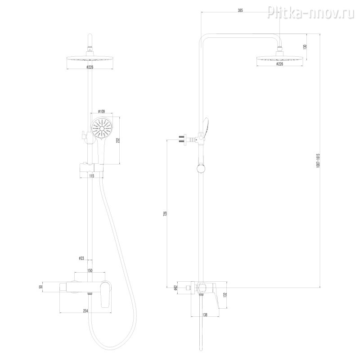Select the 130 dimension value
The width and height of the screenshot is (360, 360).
[x=306, y=46]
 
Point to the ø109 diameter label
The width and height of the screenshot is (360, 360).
[x=102, y=112]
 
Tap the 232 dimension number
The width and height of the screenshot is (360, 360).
[x=117, y=140]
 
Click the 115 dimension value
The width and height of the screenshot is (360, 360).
[x=92, y=176]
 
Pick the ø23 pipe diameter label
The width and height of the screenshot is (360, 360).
[x=82, y=258]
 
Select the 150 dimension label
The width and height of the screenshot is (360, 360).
[x=90, y=270]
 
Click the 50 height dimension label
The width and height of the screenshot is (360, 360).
[x=40, y=286]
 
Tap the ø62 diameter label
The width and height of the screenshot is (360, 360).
[x=177, y=287]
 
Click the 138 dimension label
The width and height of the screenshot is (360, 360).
[x=205, y=315]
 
